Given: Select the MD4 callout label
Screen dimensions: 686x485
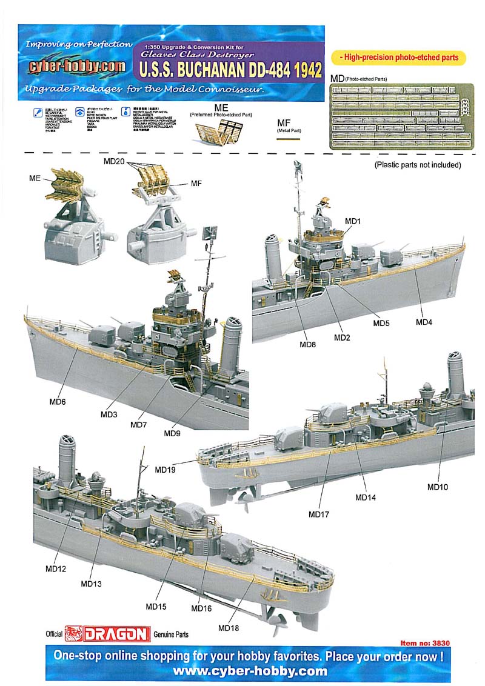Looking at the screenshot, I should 424,321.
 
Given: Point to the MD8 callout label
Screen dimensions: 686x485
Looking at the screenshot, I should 307,344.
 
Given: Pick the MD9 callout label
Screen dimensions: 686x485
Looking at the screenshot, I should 172,433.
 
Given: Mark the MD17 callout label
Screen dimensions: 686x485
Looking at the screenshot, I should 318,514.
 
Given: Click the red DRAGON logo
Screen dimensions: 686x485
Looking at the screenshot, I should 107,634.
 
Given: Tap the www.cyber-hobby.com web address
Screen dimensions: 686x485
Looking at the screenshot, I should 250,671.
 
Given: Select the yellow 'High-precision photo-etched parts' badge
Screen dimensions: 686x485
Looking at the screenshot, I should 402,58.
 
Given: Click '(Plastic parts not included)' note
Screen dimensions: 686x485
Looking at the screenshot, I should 418,164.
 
